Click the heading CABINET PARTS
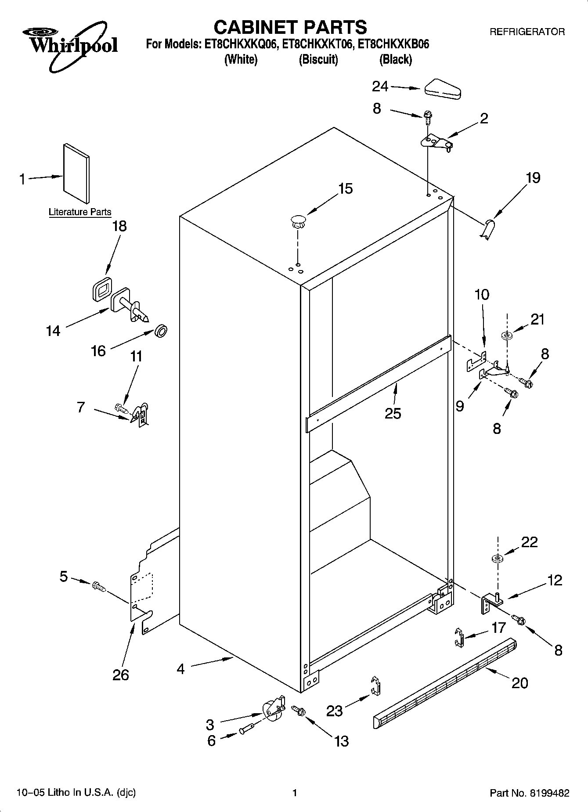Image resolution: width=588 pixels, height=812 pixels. pos(290,27)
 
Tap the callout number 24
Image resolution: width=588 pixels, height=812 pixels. pos(380,87)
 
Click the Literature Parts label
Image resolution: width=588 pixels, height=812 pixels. pos(80,212)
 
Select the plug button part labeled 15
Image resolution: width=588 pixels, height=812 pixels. pos(298,221)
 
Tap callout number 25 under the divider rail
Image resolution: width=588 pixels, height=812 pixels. pos(393,413)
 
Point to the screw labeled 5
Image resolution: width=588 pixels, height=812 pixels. pos(98,586)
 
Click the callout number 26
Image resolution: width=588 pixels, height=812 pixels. pos(121,674)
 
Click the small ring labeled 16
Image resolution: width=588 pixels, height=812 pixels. pos(162,331)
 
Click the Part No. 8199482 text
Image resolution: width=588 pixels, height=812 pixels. pos(529,793)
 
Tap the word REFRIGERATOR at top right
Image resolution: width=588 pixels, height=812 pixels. pos(527,32)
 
